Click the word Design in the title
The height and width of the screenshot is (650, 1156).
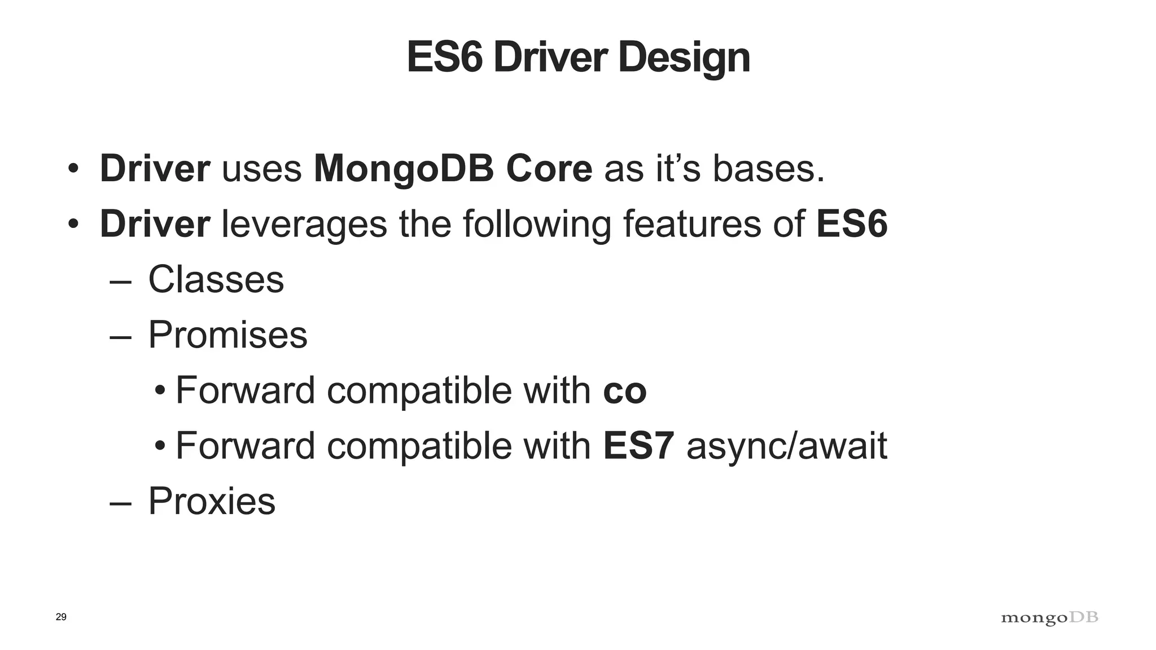pyautogui.click(x=684, y=58)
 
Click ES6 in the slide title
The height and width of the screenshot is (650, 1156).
pyautogui.click(x=444, y=58)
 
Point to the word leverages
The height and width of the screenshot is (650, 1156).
pyautogui.click(x=304, y=224)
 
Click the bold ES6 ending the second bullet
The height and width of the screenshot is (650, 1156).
pyautogui.click(x=852, y=224)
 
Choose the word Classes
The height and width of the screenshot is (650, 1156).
pyautogui.click(x=216, y=279)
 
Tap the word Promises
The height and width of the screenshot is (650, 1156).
pyautogui.click(x=227, y=335)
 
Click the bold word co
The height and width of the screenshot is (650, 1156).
pyautogui.click(x=624, y=390)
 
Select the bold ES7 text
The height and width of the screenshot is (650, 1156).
pyautogui.click(x=638, y=446)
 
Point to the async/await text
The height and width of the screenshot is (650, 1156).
pyautogui.click(x=786, y=446)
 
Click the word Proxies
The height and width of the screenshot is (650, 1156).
pyautogui.click(x=212, y=501)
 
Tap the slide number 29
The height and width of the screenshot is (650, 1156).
pyautogui.click(x=61, y=617)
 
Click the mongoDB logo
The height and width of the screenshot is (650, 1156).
pyautogui.click(x=1049, y=618)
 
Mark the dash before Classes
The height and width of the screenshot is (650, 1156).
pyautogui.click(x=120, y=280)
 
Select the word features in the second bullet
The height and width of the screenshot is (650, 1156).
pyautogui.click(x=689, y=224)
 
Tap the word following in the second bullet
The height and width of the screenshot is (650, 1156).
pyautogui.click(x=537, y=224)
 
